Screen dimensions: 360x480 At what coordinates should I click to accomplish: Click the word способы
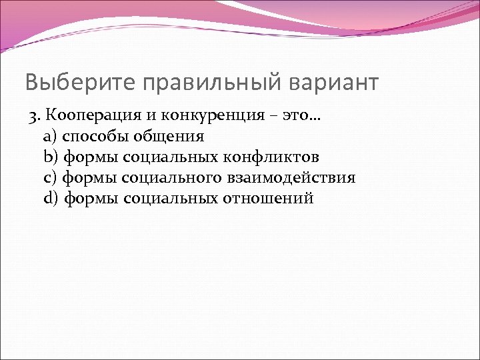click(94, 137)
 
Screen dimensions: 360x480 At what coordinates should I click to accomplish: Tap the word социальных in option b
click(177, 157)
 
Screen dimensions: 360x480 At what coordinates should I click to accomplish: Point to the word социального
click(181, 178)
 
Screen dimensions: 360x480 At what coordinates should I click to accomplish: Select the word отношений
click(274, 199)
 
